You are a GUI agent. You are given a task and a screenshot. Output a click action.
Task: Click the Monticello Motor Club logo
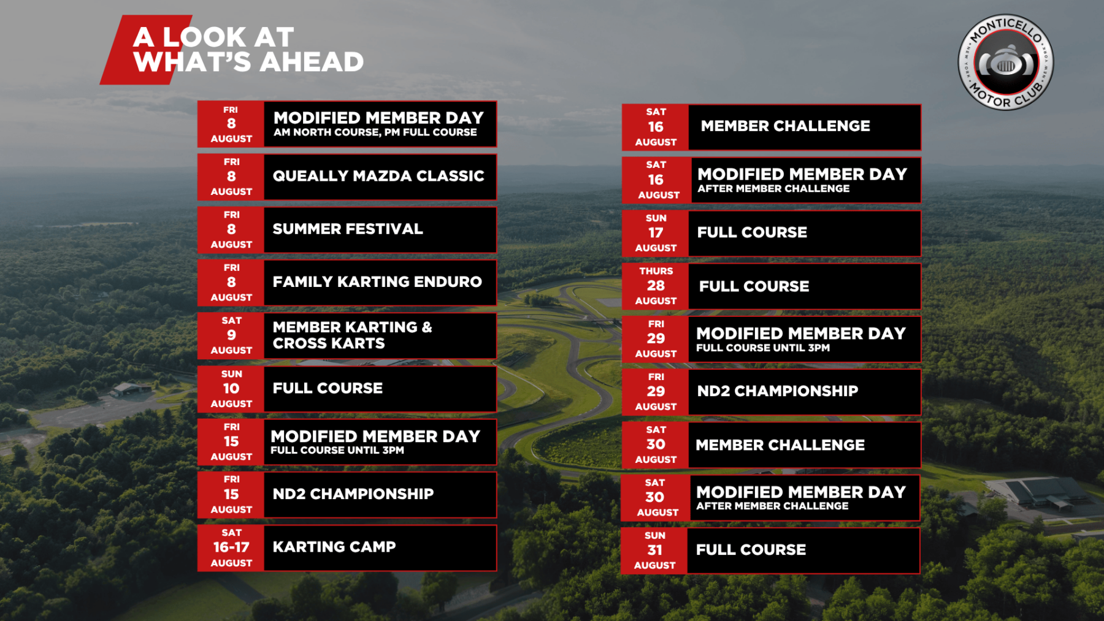point(1006,63)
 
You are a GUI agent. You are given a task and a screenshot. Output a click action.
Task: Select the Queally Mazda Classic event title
point(378,176)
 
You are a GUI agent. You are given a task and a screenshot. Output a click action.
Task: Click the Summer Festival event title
point(348,229)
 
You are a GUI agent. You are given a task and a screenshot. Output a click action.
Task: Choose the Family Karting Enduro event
point(377,282)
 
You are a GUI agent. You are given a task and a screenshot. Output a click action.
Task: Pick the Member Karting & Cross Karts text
point(353,335)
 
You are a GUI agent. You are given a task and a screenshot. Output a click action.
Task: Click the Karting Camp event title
point(334,547)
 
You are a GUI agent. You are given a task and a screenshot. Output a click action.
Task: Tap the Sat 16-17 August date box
point(231,548)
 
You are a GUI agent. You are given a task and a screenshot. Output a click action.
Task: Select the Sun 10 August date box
point(231,389)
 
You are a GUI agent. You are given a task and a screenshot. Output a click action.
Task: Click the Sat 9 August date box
point(231,336)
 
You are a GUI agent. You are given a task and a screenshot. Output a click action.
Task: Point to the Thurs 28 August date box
point(656,286)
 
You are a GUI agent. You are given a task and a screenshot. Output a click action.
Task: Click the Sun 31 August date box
point(654,551)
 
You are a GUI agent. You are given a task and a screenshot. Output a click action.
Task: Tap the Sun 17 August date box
point(656,234)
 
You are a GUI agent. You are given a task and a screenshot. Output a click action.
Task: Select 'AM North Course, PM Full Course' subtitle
point(375,132)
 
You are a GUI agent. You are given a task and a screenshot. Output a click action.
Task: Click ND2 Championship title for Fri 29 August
point(778,391)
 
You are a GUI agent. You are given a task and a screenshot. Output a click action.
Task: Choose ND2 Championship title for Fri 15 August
point(353,494)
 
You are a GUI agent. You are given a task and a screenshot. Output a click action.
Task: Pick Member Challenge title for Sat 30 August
point(780,445)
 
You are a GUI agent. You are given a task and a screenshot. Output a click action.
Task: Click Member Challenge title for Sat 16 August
point(786,126)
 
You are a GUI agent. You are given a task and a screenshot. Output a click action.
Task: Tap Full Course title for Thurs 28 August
point(754,286)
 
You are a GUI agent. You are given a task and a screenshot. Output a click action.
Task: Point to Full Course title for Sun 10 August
point(328,388)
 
